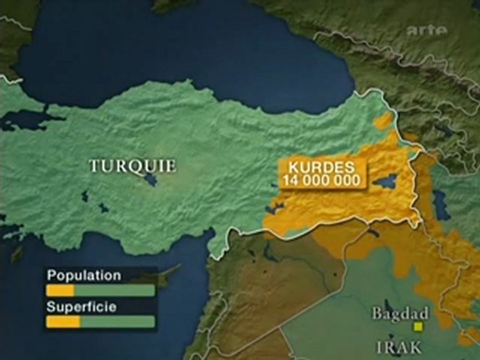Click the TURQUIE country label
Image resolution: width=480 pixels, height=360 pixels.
(x=132, y=165)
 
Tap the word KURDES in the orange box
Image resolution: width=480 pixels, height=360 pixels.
(x=321, y=167)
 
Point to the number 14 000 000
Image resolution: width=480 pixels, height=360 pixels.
(x=322, y=180)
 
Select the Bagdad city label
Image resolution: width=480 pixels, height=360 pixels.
(x=400, y=314)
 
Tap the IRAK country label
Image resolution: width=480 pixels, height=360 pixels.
(x=399, y=346)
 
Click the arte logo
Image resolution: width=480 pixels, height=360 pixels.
(x=426, y=31)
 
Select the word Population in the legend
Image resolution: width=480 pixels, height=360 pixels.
(x=83, y=275)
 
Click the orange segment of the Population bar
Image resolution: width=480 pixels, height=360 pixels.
(x=60, y=290)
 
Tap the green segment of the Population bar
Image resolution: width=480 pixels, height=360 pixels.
(x=114, y=290)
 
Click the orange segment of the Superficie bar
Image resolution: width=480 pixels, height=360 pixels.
(x=63, y=321)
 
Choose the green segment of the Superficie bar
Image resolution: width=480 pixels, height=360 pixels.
(x=117, y=321)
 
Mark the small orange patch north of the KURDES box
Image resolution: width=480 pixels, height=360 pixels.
(x=384, y=121)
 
